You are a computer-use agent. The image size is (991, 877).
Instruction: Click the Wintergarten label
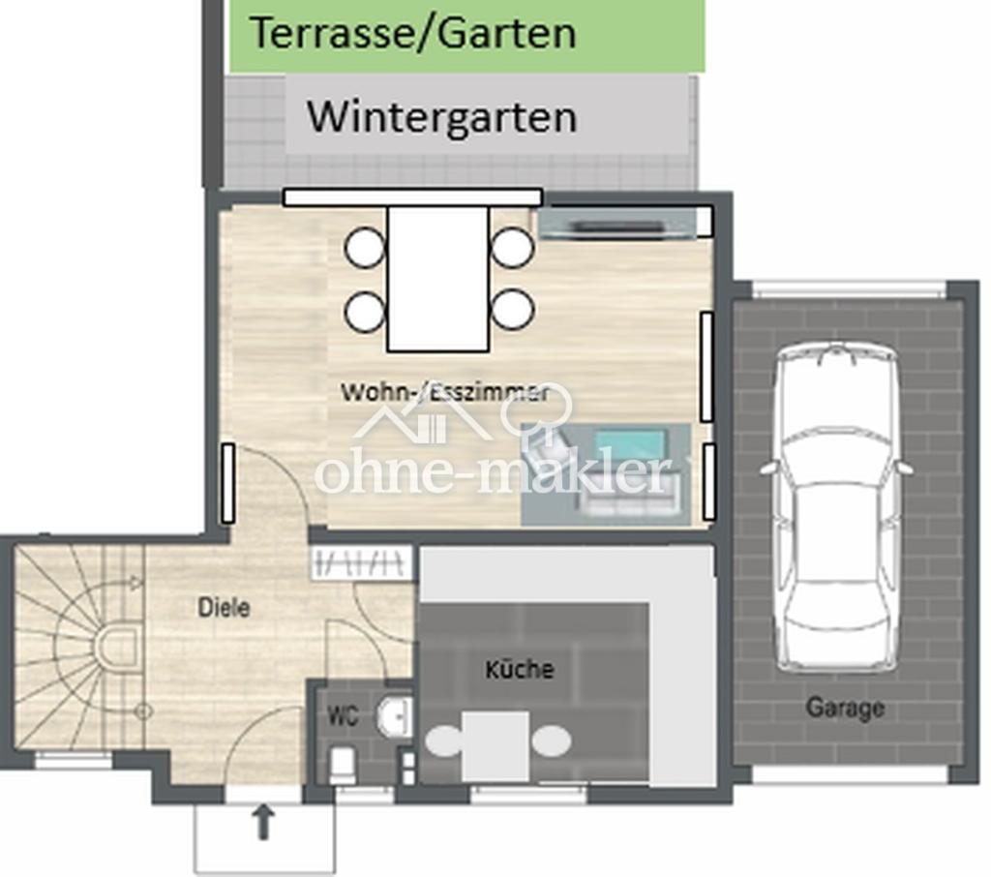click(441, 117)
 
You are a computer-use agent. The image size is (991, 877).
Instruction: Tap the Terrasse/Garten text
click(413, 32)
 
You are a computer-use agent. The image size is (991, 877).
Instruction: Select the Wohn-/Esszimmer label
click(445, 392)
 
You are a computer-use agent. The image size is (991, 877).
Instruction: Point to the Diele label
click(224, 608)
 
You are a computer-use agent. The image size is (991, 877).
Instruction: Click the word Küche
click(520, 670)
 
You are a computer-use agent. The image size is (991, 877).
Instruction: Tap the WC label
click(343, 715)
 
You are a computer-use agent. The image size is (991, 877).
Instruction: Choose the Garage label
click(844, 708)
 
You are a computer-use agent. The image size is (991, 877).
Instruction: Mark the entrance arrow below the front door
click(263, 823)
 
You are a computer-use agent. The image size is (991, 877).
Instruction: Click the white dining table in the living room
click(438, 279)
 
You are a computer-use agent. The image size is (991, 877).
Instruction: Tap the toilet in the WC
click(343, 765)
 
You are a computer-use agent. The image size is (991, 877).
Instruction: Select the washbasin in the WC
click(395, 716)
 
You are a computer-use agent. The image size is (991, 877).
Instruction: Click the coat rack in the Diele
click(361, 562)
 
